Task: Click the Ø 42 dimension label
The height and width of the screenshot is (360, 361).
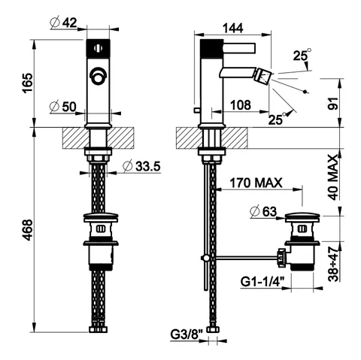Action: tap(64, 23)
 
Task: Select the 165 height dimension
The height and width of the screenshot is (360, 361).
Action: tap(27, 83)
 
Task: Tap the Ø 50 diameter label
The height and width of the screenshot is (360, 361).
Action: tap(63, 107)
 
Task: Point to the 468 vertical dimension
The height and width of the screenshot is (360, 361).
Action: tap(27, 230)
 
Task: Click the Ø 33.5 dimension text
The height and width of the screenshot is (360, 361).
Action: tap(141, 166)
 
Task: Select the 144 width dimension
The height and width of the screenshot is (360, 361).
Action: tap(233, 28)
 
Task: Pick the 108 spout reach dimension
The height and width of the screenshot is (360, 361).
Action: tap(241, 105)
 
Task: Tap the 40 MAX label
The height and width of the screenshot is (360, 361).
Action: tap(333, 177)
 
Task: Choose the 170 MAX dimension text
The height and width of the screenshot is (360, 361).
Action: tap(256, 183)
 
